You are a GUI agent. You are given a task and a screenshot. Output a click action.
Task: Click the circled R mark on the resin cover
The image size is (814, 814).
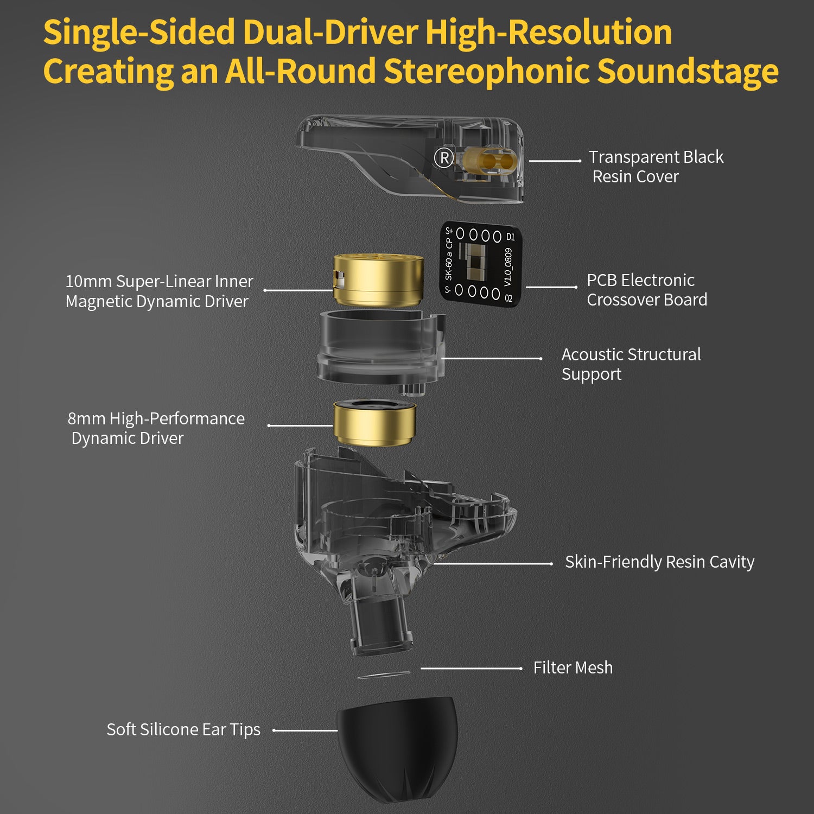444,158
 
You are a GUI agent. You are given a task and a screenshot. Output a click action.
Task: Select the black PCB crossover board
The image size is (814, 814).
481,263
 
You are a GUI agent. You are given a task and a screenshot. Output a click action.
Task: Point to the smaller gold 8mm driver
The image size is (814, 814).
374,423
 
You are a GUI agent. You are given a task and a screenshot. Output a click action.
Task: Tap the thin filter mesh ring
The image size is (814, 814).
384,675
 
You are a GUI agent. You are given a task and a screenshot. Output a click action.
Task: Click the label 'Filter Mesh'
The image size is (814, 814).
573,667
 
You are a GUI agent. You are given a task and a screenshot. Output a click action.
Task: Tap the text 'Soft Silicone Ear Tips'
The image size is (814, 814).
183,730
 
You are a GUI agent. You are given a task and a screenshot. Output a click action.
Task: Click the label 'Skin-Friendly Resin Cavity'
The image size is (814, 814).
660,562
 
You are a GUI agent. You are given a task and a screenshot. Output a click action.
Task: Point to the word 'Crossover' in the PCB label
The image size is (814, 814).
621,300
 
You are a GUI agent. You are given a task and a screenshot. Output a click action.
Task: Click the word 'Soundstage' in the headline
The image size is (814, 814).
688,71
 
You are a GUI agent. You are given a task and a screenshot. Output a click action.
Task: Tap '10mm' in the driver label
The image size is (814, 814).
88,281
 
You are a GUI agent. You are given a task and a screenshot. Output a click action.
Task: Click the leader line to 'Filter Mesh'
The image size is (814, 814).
471,669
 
